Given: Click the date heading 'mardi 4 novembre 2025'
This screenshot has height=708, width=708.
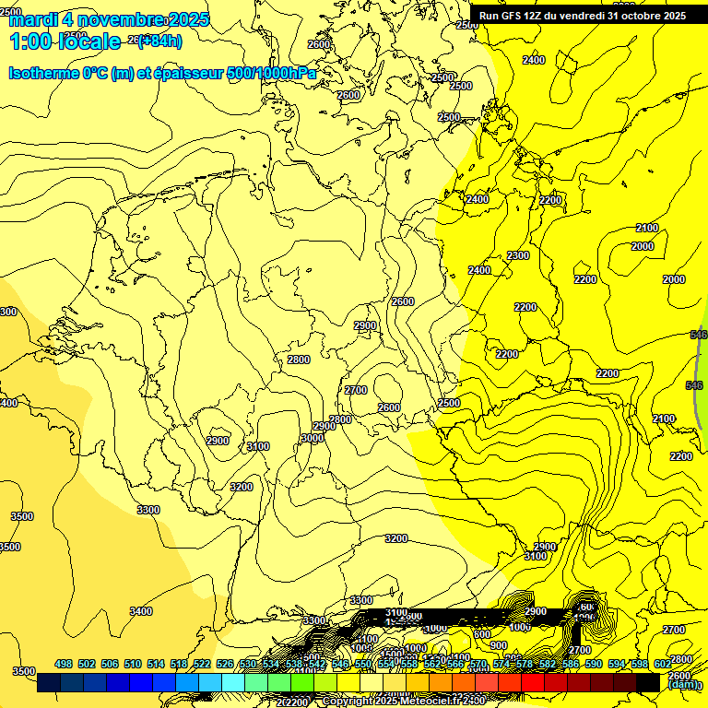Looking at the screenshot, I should tap(109, 19).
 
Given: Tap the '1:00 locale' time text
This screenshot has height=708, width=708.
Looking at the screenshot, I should tap(65, 41).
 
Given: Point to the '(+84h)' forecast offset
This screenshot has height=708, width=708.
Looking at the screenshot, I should tap(159, 41).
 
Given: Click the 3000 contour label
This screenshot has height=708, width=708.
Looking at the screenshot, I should tap(312, 439).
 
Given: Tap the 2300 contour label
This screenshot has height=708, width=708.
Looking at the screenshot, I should tap(518, 255).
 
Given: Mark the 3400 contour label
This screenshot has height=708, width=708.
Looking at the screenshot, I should tap(141, 611).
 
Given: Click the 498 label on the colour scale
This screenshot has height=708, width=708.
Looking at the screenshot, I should tap(64, 664).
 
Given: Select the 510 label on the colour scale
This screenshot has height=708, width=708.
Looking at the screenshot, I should tap(133, 664).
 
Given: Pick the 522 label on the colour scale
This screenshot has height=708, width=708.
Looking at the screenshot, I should tap(202, 664).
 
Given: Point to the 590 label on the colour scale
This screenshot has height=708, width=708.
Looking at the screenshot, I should tap(594, 664).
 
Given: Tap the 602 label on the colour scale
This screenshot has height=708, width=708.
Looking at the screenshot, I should tap(663, 664).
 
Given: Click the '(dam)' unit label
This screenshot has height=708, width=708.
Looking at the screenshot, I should tap(682, 684).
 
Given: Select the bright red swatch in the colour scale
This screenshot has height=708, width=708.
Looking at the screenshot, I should tap(533, 682).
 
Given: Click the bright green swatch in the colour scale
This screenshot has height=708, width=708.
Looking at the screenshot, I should tap(301, 682).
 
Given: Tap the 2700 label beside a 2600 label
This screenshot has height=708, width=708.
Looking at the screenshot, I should tap(356, 391).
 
